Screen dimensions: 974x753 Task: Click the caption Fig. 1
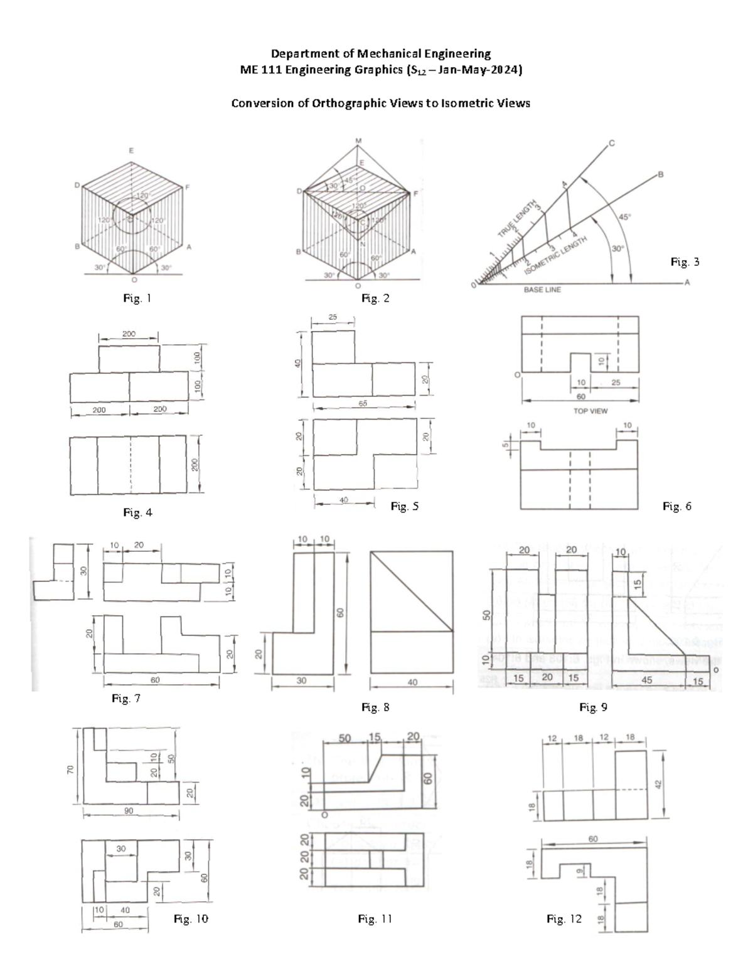click(137, 299)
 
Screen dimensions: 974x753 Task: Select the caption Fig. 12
click(564, 919)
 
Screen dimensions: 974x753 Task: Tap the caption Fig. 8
click(375, 707)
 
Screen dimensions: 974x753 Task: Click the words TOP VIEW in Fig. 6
click(590, 411)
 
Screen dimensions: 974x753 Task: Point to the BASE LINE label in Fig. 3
click(542, 290)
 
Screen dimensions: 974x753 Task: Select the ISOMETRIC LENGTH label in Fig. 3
click(556, 255)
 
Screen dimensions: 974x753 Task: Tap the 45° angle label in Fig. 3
click(626, 217)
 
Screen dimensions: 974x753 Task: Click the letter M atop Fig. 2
click(358, 140)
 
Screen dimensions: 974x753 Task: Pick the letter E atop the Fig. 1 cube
click(131, 151)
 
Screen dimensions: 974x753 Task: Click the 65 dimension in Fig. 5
click(363, 404)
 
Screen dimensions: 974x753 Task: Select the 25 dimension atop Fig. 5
click(333, 317)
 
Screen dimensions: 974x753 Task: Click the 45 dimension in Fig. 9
click(646, 680)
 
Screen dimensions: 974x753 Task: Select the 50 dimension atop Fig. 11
click(344, 738)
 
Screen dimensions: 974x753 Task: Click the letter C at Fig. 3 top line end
click(611, 143)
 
